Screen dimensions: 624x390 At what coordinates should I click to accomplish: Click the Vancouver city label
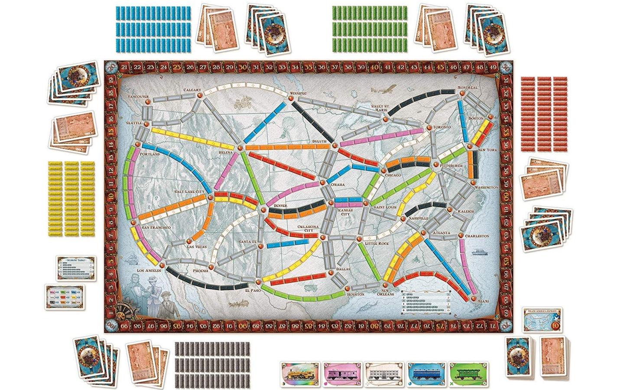(x=139, y=96)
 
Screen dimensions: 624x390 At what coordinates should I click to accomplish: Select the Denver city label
(x=278, y=206)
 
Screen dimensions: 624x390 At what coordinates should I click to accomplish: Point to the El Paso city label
(x=253, y=291)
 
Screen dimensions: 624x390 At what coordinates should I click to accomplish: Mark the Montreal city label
(x=467, y=88)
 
